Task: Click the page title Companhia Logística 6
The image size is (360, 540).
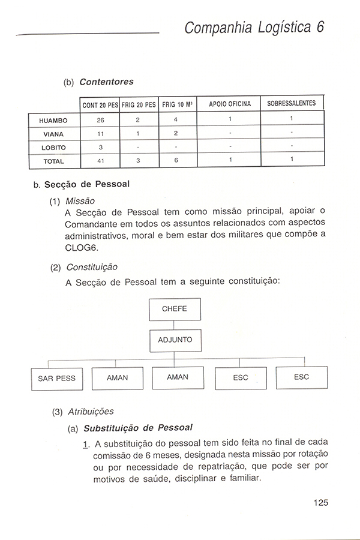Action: (x=254, y=27)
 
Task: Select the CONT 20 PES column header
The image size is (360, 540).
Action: (x=100, y=104)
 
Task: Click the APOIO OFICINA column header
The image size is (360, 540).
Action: (x=230, y=104)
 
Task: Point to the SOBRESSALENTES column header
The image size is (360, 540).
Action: (x=291, y=104)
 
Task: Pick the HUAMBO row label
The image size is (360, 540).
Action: (x=53, y=119)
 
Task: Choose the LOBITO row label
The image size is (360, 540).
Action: (x=53, y=147)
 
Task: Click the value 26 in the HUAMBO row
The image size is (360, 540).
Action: (x=100, y=119)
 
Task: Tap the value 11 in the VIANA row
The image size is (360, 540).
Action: (x=100, y=133)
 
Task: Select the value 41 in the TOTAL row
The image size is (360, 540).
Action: (x=100, y=161)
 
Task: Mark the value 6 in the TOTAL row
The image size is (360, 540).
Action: (x=176, y=161)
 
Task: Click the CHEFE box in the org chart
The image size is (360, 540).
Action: (x=175, y=309)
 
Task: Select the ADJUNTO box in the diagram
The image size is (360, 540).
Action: (x=175, y=340)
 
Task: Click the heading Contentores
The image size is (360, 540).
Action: (x=106, y=81)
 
